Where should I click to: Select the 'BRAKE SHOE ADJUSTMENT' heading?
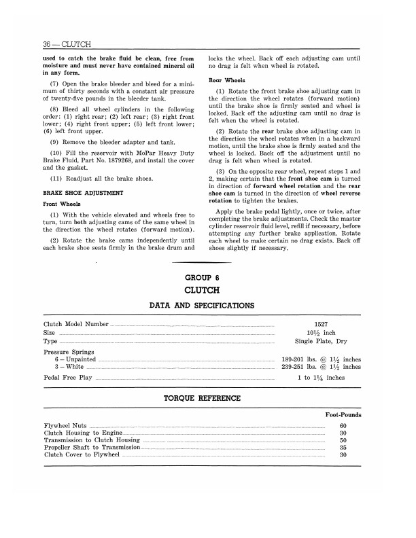click(x=83, y=193)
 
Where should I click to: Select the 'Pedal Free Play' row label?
click(x=68, y=378)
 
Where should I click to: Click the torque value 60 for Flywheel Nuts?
click(x=343, y=426)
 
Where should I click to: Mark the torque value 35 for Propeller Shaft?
click(x=343, y=448)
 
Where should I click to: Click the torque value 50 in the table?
click(x=343, y=441)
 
